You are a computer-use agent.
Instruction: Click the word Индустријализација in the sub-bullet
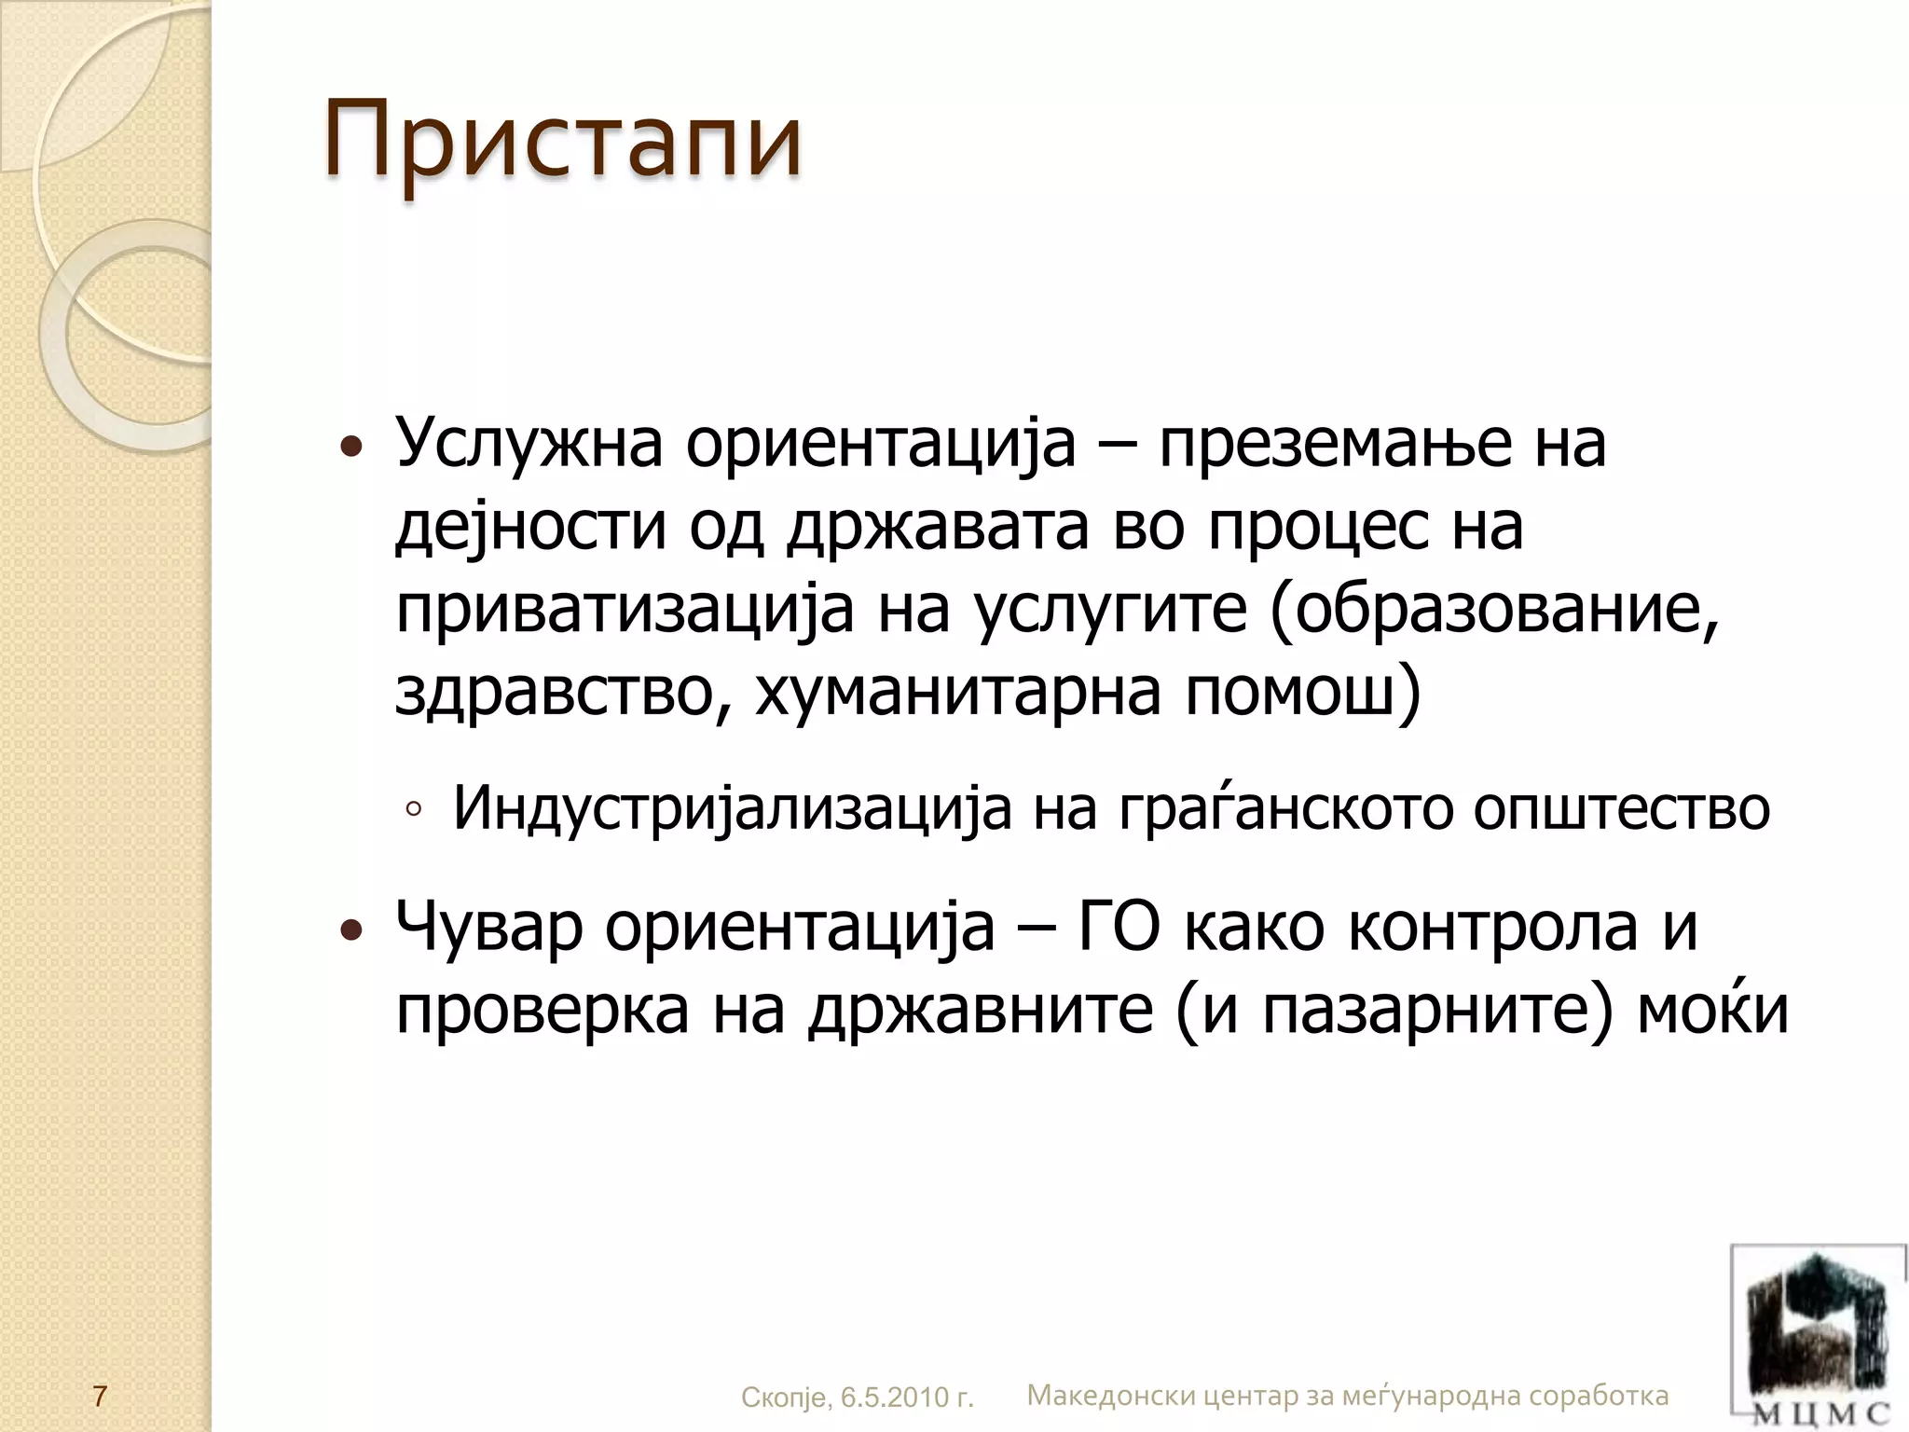click(x=732, y=807)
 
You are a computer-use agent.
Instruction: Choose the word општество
click(x=1621, y=807)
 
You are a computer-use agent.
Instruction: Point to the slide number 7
click(x=100, y=1397)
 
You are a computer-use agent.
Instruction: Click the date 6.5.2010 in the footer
click(x=889, y=1398)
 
